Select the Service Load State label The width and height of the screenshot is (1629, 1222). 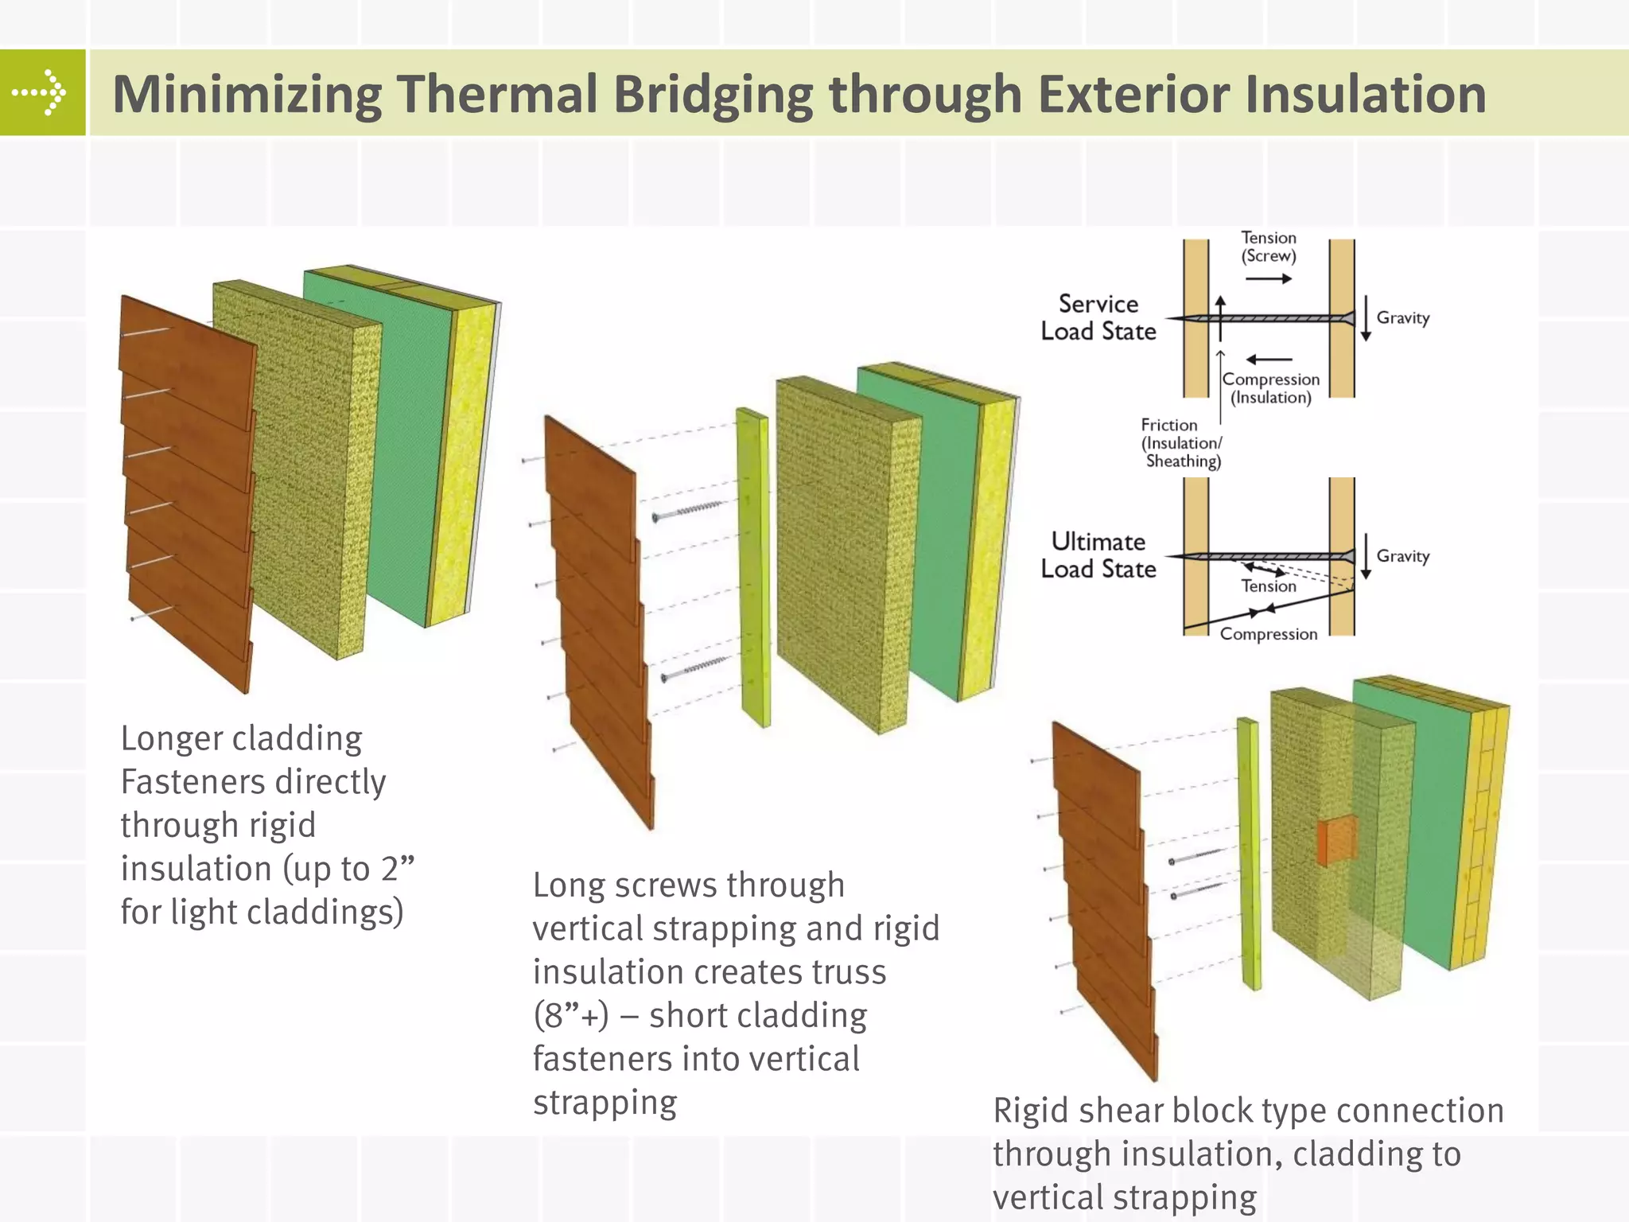[x=1098, y=317]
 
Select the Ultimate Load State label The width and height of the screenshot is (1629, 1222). [x=1098, y=555]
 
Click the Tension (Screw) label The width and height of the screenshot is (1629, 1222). [x=1269, y=247]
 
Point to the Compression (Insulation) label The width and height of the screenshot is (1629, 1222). [x=1271, y=388]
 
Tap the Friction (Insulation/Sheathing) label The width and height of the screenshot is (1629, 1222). [x=1181, y=443]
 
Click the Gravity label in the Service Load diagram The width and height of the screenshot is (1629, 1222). [x=1403, y=317]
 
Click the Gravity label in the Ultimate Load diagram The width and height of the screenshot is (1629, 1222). [x=1403, y=555]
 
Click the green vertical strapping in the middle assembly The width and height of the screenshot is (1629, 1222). [x=753, y=568]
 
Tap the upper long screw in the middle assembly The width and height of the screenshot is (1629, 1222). [x=689, y=510]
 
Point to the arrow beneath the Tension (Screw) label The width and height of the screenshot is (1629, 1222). [x=1269, y=278]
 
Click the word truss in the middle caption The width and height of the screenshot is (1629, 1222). [x=843, y=972]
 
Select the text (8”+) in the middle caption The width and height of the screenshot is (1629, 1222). [x=571, y=1016]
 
